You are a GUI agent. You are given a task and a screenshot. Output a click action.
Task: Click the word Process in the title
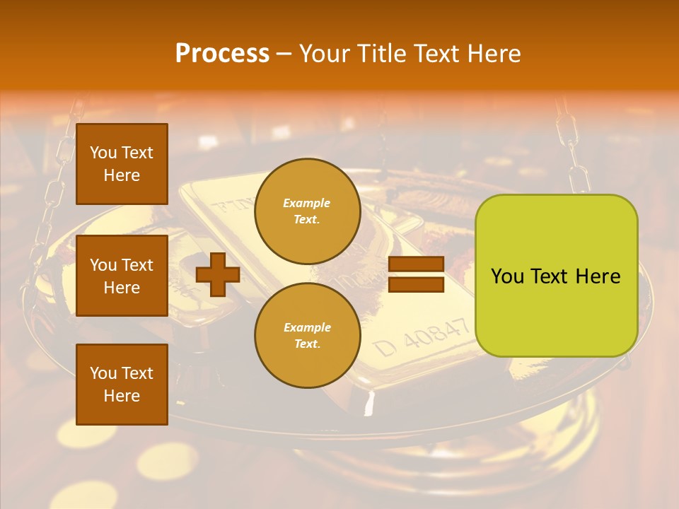[x=222, y=54]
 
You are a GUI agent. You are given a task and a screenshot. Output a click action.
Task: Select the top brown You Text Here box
[x=122, y=164]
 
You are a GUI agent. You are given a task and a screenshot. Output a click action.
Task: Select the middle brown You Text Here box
[x=122, y=276]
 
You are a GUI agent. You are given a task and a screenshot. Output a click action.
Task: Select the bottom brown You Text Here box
[x=122, y=384]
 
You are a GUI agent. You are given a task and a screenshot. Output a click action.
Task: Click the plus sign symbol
[x=217, y=275]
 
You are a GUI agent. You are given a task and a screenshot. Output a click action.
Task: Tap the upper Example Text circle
[x=307, y=211]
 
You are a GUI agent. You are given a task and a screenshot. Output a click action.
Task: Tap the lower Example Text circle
[x=307, y=335]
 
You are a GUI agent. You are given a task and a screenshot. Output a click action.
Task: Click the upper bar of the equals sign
[x=416, y=264]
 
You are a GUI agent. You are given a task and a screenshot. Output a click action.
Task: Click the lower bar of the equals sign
[x=416, y=285]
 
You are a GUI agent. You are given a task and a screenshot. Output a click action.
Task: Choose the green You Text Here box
[x=556, y=276]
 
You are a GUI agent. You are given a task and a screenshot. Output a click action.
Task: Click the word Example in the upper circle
[x=307, y=203]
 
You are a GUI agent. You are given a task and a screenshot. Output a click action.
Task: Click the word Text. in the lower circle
[x=307, y=344]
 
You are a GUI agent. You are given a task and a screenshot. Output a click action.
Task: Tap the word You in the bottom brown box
[x=103, y=373]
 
